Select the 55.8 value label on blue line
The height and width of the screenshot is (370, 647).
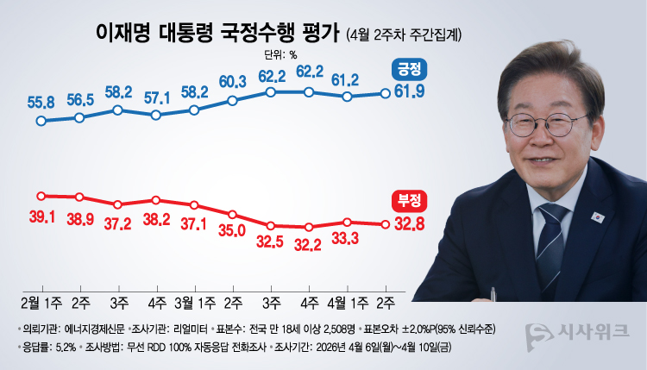[41, 103]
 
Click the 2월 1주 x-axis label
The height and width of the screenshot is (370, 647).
[41, 301]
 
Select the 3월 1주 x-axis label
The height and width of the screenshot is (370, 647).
[194, 301]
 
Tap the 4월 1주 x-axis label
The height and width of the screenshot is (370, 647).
[348, 301]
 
